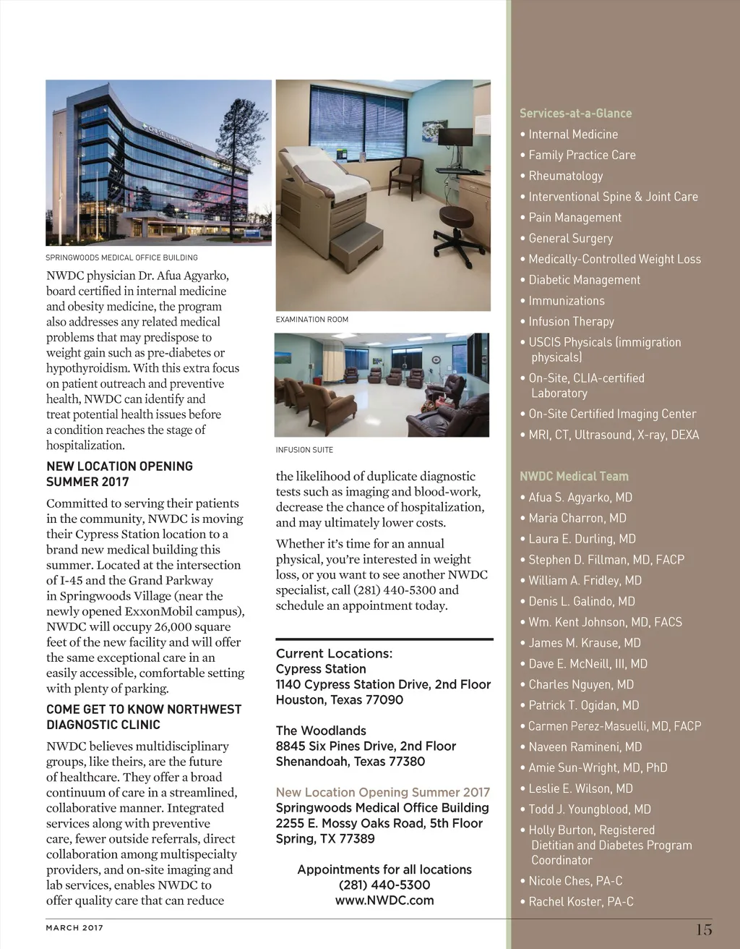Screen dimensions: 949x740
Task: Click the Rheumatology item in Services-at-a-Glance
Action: [x=565, y=176]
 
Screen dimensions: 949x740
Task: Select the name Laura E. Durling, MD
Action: [x=582, y=539]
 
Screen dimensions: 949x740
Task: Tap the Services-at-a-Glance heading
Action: [x=575, y=114]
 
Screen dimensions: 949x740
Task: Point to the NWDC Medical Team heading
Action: [x=574, y=477]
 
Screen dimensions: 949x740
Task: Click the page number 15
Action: [x=704, y=929]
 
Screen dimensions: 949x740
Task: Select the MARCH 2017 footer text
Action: [x=74, y=928]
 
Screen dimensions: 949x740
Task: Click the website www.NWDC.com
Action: [x=384, y=901]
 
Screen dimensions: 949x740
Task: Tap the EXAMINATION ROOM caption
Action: [x=311, y=319]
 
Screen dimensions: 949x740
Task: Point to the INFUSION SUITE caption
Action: [x=304, y=450]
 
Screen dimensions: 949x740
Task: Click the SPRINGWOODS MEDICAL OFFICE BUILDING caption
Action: [x=121, y=258]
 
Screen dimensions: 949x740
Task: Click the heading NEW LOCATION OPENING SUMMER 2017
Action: [x=119, y=474]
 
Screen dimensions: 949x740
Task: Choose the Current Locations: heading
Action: [x=334, y=654]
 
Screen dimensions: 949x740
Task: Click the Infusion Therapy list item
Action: [x=571, y=322]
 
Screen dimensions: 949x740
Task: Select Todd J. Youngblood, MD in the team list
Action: [x=589, y=809]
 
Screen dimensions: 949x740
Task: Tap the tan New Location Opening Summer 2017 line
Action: [x=382, y=793]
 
